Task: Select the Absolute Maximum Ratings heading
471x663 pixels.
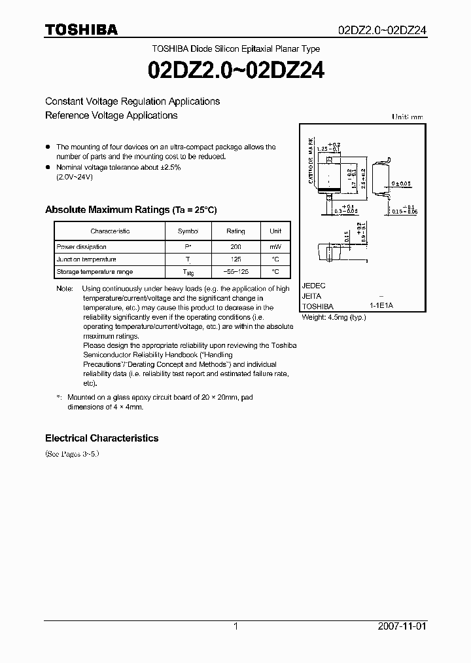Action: click(x=130, y=210)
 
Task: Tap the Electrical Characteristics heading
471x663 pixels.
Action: click(x=101, y=438)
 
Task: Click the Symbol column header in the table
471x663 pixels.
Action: click(x=188, y=231)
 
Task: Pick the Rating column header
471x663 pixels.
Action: click(x=235, y=231)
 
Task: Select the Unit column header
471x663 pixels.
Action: click(x=275, y=231)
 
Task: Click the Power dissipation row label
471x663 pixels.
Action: click(x=81, y=247)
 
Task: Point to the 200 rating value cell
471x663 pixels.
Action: click(x=235, y=247)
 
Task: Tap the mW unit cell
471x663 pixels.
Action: click(x=275, y=247)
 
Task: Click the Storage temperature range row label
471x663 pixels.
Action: click(x=94, y=271)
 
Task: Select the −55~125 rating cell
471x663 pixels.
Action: click(x=235, y=271)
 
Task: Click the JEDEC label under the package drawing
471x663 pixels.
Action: click(x=313, y=286)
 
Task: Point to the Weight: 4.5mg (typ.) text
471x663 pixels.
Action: click(x=334, y=317)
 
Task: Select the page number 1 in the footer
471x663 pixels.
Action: click(x=235, y=626)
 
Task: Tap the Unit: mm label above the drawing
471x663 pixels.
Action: click(x=408, y=117)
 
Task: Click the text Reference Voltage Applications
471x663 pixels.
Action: click(x=111, y=115)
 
